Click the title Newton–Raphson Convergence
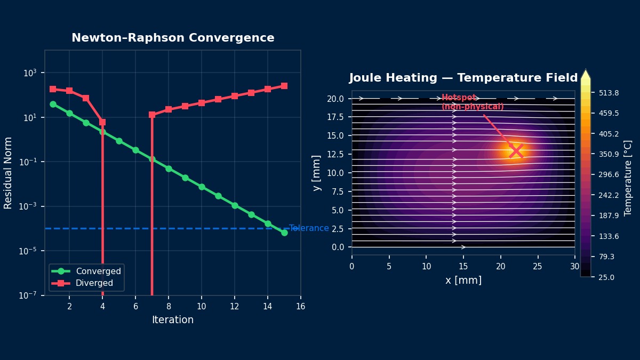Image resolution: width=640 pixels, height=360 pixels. [173, 38]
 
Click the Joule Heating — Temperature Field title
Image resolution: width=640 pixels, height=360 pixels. [463, 78]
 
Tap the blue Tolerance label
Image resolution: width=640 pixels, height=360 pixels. [309, 228]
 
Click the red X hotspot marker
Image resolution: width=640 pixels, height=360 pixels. [516, 151]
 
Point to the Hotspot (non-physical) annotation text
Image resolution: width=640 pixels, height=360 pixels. [472, 102]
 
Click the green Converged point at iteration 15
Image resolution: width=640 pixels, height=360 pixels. [284, 233]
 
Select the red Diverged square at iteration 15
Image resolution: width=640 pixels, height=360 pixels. [284, 86]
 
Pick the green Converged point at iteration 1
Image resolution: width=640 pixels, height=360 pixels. [53, 104]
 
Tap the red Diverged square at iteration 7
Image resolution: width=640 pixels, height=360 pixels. [152, 115]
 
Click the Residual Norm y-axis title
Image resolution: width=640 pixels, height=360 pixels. [8, 173]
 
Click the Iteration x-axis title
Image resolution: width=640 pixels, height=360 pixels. [173, 320]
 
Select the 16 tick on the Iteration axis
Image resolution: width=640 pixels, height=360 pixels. [300, 306]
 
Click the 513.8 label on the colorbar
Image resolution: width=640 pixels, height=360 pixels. [609, 93]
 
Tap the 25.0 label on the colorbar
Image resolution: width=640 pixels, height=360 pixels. [606, 277]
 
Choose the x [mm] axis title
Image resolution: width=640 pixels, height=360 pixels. [463, 281]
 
